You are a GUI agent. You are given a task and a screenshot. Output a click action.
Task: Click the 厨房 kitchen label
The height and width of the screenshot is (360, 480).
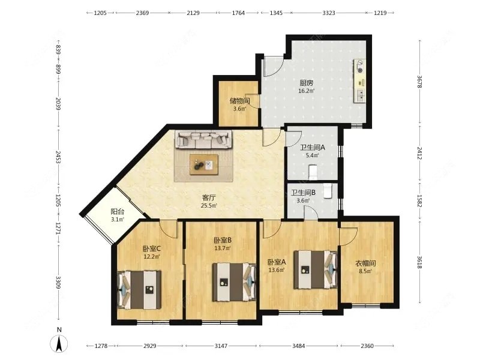[307, 83]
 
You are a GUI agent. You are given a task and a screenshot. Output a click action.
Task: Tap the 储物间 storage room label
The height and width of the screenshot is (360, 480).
[239, 101]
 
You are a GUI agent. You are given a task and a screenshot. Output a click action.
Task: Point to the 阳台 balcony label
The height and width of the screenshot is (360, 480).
[118, 212]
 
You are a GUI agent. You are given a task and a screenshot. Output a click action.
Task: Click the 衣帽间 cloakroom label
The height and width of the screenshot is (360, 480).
[365, 263]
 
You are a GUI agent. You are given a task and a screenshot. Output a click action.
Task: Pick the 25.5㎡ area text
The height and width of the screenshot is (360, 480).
[209, 206]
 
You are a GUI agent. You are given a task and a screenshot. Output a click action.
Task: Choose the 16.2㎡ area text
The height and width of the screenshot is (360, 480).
[307, 91]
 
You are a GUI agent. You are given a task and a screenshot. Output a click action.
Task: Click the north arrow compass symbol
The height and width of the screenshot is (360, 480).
[59, 343]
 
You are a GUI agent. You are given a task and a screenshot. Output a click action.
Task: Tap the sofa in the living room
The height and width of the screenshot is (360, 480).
[203, 139]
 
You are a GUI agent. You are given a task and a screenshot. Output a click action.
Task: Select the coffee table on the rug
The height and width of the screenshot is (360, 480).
[204, 164]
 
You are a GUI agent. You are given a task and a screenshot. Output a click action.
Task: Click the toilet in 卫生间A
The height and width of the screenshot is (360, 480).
[313, 172]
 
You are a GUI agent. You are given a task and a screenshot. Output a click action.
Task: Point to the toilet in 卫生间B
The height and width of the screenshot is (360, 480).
[328, 191]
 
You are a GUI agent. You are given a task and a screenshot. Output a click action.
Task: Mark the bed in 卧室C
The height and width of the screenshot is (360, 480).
[140, 290]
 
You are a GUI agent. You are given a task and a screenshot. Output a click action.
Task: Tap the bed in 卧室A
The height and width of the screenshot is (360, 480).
[316, 269]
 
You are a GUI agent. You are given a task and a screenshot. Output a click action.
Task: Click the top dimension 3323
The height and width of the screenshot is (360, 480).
[329, 13]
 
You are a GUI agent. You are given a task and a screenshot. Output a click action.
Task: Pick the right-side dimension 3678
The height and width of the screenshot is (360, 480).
[419, 82]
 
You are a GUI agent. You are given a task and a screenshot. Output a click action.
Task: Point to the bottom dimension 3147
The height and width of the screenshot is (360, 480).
[221, 346]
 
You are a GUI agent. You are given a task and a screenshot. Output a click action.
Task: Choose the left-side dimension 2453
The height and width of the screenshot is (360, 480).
[58, 157]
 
